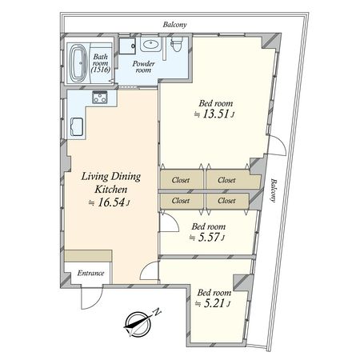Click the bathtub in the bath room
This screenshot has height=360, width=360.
(78, 62)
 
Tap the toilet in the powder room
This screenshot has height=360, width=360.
(176, 43)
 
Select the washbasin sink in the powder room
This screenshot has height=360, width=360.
(150, 44)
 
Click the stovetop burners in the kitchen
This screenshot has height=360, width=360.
(100, 98)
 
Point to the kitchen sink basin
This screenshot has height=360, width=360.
(77, 126)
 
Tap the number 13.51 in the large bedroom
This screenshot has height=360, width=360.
(215, 114)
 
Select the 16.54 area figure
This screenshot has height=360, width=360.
(111, 202)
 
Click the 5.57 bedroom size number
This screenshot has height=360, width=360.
(209, 237)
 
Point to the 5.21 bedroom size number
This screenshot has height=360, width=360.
(214, 303)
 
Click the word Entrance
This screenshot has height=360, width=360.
(90, 273)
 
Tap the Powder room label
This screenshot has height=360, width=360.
(143, 66)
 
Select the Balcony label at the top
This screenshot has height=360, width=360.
(174, 25)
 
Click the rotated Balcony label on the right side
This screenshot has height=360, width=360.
(274, 190)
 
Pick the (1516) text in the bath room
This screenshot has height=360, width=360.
(100, 70)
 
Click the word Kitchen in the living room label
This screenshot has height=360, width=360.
(111, 190)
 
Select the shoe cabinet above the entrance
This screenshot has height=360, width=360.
(88, 256)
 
